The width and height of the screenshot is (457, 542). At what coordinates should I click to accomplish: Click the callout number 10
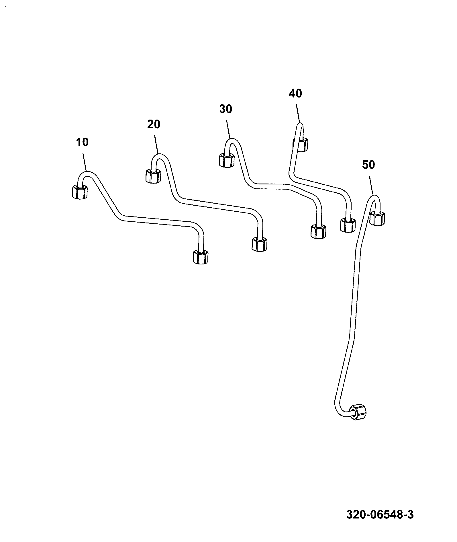click(82, 143)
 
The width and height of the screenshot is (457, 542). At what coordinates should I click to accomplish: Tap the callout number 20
click(154, 124)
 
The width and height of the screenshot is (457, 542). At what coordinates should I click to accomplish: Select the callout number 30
click(225, 109)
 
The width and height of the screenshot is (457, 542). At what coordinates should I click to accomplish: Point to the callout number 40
click(295, 93)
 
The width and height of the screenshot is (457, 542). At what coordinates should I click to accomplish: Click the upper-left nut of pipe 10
click(79, 192)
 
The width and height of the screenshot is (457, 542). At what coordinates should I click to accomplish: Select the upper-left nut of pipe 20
click(153, 176)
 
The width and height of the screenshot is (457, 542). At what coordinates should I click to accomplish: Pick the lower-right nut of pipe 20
click(259, 244)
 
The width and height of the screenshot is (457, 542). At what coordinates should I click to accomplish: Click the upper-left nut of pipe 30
click(227, 160)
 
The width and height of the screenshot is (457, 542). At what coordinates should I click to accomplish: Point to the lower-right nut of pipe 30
click(318, 231)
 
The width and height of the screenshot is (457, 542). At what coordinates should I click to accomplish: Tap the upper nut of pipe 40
click(301, 144)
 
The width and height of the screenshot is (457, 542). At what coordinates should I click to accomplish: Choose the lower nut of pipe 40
click(348, 225)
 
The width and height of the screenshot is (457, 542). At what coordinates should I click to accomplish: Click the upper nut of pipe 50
click(377, 218)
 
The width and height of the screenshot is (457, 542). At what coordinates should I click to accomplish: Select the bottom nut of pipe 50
click(358, 412)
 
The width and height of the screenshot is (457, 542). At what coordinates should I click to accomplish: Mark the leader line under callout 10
click(85, 163)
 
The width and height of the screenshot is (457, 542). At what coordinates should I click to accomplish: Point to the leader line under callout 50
click(371, 186)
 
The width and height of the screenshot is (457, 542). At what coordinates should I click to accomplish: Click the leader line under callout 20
click(156, 145)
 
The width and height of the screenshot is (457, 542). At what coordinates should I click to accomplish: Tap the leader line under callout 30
click(229, 130)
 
